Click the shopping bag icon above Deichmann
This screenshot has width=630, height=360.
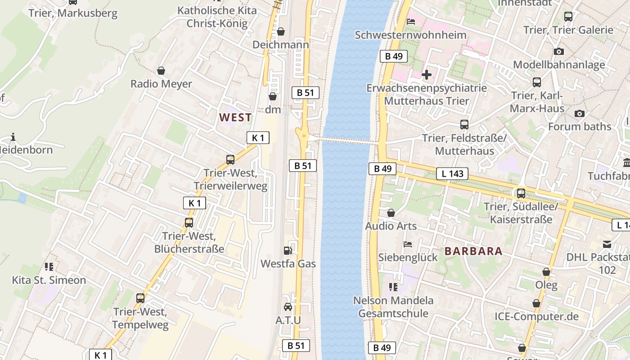pos(281,31)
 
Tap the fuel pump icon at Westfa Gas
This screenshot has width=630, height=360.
pos(288,251)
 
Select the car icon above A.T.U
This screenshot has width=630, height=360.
pos(288,307)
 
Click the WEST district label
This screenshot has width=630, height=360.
pos(235,117)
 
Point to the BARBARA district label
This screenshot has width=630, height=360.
pos(473,251)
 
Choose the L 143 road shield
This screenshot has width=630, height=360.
pos(452,174)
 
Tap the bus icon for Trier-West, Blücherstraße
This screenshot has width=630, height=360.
pos(189,222)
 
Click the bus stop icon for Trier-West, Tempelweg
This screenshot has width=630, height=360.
pos(140,298)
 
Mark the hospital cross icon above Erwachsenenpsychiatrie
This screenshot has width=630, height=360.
pos(427,74)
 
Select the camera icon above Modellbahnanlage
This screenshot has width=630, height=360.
pos(559,51)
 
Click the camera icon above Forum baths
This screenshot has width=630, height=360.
pos(580,113)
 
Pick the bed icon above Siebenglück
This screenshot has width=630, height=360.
pos(408,244)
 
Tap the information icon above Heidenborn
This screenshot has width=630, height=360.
pos(13,137)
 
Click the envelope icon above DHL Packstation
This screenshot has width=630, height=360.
pos(607,244)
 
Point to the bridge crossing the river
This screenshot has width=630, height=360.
pos(346,141)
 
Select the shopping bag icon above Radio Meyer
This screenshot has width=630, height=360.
pos(161,71)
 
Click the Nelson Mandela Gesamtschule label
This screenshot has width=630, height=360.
pos(393,306)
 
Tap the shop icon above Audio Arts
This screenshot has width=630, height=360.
pos(391,213)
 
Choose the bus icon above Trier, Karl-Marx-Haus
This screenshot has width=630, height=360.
pos(537,82)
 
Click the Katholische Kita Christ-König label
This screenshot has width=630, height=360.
pos(217,17)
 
